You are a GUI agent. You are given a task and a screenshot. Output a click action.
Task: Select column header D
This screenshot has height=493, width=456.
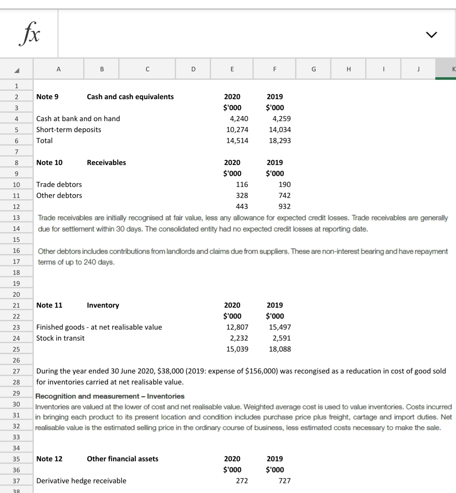tap(193, 69)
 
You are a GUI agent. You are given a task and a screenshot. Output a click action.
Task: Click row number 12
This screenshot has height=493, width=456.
tap(16, 206)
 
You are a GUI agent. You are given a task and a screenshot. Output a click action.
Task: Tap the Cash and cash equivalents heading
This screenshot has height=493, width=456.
tap(130, 97)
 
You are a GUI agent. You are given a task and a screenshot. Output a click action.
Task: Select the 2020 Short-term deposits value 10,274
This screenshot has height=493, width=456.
tap(237, 130)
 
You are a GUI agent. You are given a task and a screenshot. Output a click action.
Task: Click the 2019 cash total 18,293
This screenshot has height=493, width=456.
tap(280, 141)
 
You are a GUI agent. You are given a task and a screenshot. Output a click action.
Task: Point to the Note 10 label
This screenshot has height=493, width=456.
tap(49, 163)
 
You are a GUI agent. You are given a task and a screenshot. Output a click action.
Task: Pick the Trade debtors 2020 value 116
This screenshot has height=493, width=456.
tap(242, 184)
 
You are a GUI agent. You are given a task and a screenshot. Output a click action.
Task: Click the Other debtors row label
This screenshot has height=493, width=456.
tap(59, 195)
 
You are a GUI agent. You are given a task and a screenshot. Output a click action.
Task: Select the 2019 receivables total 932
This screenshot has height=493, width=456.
tap(284, 206)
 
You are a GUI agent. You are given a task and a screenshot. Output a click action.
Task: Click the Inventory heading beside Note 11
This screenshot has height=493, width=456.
tap(103, 305)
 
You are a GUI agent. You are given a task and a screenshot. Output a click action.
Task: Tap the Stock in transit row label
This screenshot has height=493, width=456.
tap(60, 338)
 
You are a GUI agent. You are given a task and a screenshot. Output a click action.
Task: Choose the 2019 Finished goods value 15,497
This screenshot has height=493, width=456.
tap(280, 327)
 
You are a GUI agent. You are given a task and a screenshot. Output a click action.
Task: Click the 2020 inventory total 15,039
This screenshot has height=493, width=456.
tap(237, 349)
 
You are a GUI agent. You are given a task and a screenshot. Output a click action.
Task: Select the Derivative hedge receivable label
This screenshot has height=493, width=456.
tap(81, 481)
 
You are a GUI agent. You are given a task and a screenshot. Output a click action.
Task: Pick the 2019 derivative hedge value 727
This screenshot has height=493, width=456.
tap(284, 481)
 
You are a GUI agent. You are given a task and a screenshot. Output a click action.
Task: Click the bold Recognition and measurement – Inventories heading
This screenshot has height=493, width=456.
tap(110, 396)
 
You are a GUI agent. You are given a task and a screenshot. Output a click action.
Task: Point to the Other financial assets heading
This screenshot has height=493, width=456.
tap(122, 459)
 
